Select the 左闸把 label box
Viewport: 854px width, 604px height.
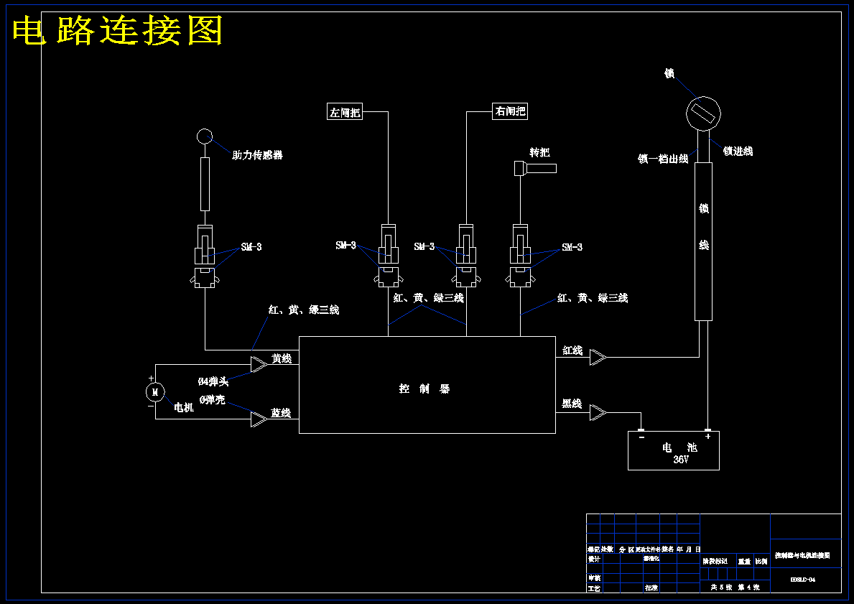tap(345, 112)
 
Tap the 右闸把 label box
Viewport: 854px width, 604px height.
tap(510, 111)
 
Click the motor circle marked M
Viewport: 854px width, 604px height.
tap(155, 391)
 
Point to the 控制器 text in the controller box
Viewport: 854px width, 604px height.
tap(424, 389)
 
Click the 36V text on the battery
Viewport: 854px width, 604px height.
tap(681, 460)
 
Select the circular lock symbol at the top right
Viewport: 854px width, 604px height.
tap(703, 113)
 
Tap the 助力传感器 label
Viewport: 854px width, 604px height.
tap(257, 154)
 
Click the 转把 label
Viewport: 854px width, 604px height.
tap(539, 152)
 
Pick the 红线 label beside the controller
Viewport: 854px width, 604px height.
tap(572, 350)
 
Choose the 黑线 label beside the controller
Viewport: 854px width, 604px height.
tap(572, 404)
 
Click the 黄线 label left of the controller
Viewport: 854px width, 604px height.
tap(282, 358)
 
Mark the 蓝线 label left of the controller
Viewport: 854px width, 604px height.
tap(281, 413)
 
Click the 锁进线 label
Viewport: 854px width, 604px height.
tap(738, 151)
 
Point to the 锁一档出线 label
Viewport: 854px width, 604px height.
tap(663, 159)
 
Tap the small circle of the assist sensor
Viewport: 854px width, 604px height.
tap(205, 136)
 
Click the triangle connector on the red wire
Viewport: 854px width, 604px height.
tap(598, 357)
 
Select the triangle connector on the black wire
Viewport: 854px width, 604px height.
tap(598, 412)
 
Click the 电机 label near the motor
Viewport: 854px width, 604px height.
tap(184, 407)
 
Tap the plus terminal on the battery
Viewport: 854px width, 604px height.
tap(707, 435)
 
